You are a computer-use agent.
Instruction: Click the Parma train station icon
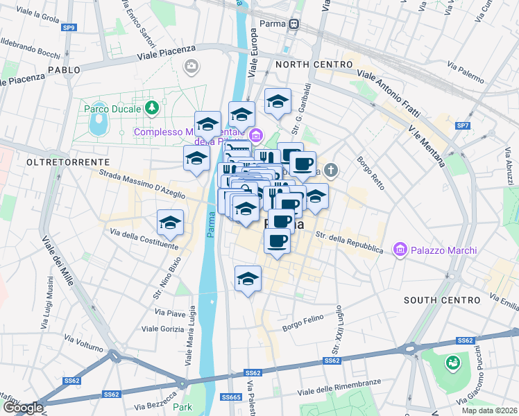pos(294,24)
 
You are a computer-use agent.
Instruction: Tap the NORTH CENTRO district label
pos(314,64)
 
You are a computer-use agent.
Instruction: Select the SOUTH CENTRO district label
pos(441,300)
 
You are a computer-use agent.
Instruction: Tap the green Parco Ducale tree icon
pos(151,108)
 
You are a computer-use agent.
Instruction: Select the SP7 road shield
pos(462,125)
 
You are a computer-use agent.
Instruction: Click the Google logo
pos(23,408)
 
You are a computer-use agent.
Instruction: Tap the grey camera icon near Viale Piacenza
pos(191,66)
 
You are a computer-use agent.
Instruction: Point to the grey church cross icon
pos(332,169)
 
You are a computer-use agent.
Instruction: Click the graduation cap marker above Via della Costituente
pos(170,223)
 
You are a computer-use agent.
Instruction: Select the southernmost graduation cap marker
pos(248,279)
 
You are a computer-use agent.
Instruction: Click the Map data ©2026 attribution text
pos(490,410)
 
